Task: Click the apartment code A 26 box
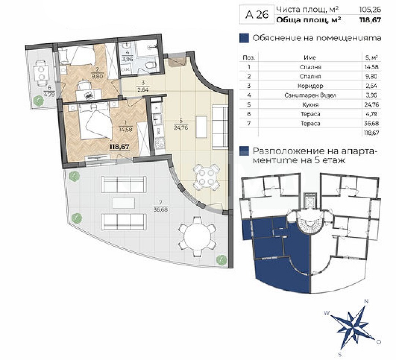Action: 257,15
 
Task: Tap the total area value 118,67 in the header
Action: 370,20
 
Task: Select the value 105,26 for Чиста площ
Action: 370,10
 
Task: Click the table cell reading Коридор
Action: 311,86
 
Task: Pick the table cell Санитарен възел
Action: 311,95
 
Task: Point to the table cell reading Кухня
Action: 311,104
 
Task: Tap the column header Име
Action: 310,58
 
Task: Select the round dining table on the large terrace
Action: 198,237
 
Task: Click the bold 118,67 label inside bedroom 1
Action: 119,147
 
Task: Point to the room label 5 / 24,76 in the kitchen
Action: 181,124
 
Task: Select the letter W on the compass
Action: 327,313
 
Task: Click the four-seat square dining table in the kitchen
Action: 206,177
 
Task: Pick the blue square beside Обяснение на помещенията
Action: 244,38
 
